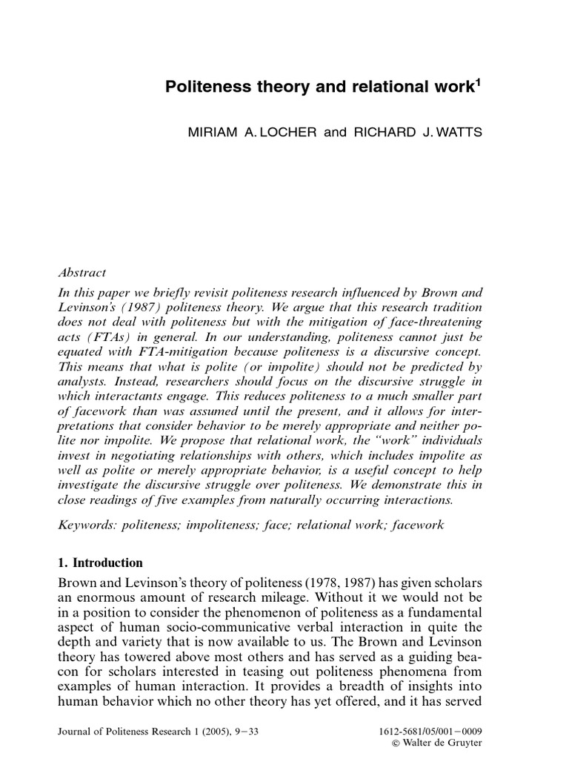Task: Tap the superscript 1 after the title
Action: (x=478, y=83)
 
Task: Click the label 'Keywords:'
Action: (x=87, y=525)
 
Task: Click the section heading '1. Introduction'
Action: (x=100, y=563)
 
